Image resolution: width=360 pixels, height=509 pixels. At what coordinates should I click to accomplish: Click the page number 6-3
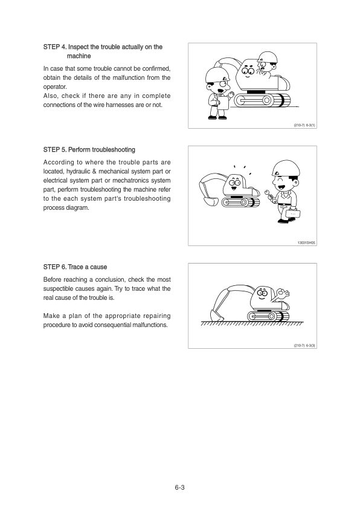click(179, 487)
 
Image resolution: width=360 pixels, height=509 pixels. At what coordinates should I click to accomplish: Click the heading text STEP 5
click(55, 150)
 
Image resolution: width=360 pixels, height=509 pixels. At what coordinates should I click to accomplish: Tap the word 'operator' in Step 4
click(55, 87)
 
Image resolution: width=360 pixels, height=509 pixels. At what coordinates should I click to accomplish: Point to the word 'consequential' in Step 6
click(112, 325)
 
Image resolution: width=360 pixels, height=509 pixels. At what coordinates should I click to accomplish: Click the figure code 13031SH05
click(306, 243)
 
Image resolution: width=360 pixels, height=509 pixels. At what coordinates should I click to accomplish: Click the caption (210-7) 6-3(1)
click(304, 125)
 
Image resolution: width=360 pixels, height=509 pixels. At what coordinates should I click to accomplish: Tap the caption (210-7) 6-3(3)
click(304, 345)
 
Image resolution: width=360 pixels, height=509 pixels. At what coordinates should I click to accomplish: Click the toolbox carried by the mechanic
click(292, 213)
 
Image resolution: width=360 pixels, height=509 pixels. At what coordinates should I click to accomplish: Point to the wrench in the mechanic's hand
click(269, 195)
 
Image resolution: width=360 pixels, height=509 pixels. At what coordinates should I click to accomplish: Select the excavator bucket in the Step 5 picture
click(209, 201)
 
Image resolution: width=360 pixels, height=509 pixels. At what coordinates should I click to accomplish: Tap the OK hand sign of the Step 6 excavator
click(282, 294)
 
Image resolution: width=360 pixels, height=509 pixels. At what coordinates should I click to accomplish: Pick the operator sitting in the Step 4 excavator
click(266, 64)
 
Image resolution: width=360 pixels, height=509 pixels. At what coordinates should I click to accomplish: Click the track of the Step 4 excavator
click(262, 100)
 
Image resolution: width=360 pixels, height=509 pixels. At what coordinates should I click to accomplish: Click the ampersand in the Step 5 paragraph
click(94, 172)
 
